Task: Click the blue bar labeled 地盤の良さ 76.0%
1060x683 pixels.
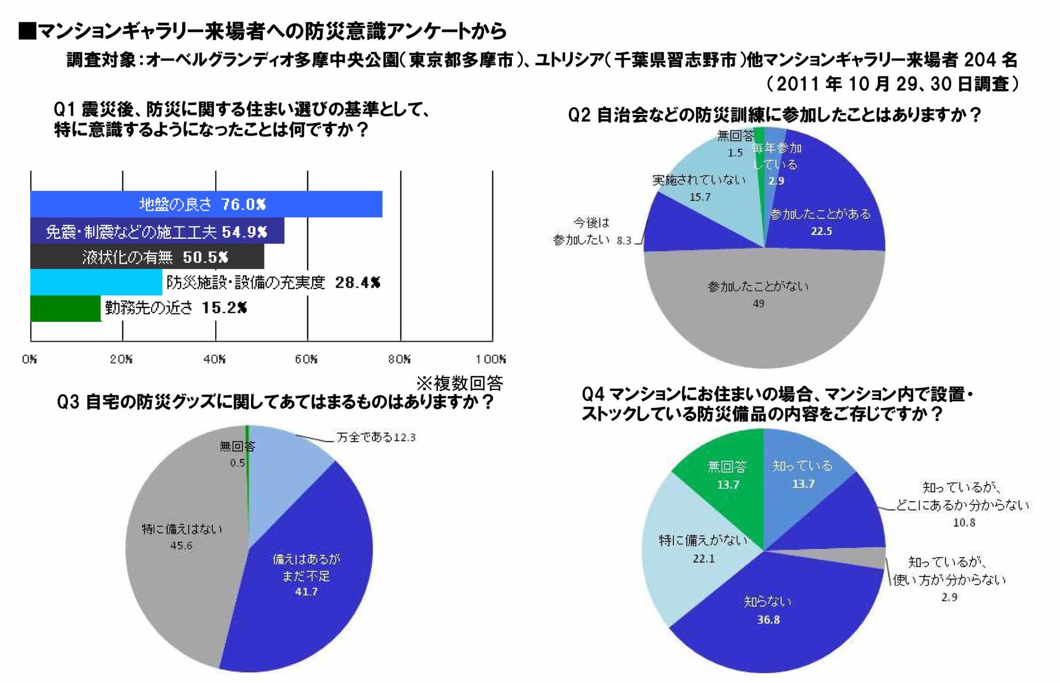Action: click(x=206, y=204)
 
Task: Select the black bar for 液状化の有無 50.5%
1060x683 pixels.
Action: click(x=147, y=257)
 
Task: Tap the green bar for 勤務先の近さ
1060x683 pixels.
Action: click(x=65, y=309)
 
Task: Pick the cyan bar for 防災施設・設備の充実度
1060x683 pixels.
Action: click(x=96, y=282)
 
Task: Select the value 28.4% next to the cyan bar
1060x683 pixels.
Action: click(x=358, y=283)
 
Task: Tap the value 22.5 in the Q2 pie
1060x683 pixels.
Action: click(x=821, y=231)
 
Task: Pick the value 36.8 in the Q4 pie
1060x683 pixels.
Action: click(x=768, y=620)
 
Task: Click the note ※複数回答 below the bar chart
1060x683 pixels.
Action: click(x=460, y=384)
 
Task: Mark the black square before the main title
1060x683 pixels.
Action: click(x=27, y=31)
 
